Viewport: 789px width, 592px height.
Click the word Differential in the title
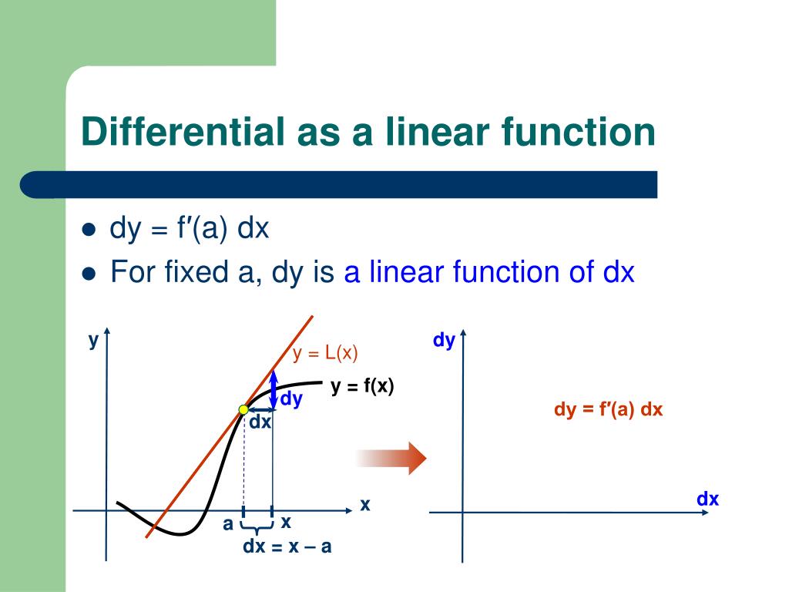tap(183, 131)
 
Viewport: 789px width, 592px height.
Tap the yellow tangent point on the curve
tap(243, 409)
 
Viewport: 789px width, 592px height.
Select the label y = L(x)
tap(325, 354)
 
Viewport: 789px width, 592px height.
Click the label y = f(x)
tap(362, 387)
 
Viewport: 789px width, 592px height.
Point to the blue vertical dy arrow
tap(274, 388)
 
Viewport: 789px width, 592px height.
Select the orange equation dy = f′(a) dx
tap(608, 410)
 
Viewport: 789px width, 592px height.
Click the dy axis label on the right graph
tap(444, 341)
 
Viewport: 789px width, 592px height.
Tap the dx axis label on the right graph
tap(707, 499)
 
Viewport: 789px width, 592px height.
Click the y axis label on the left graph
tap(93, 340)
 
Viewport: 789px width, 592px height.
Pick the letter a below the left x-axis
tap(228, 524)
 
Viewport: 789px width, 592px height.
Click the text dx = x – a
tap(287, 547)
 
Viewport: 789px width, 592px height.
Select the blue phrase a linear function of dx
tap(489, 272)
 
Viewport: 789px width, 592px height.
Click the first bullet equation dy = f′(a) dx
tap(190, 229)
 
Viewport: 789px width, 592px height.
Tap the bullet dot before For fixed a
tap(89, 273)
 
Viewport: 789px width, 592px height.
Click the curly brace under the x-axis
tap(257, 527)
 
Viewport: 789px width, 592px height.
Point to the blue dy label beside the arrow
tap(290, 399)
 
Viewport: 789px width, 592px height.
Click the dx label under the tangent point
tap(260, 422)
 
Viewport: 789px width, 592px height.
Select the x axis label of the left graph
tap(365, 505)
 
